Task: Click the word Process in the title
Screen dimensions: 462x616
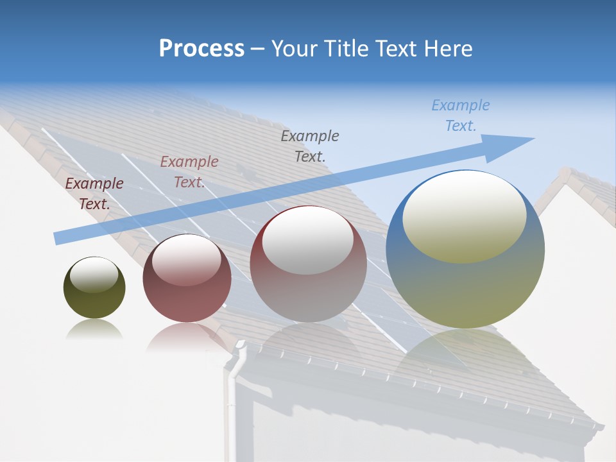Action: point(201,49)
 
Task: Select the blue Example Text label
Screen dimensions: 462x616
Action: point(460,116)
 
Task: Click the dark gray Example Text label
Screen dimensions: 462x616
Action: point(310,146)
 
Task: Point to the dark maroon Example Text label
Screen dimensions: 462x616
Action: point(94,194)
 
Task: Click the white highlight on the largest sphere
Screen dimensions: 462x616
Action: point(464,215)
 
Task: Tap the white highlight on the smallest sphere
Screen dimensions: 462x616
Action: point(94,275)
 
